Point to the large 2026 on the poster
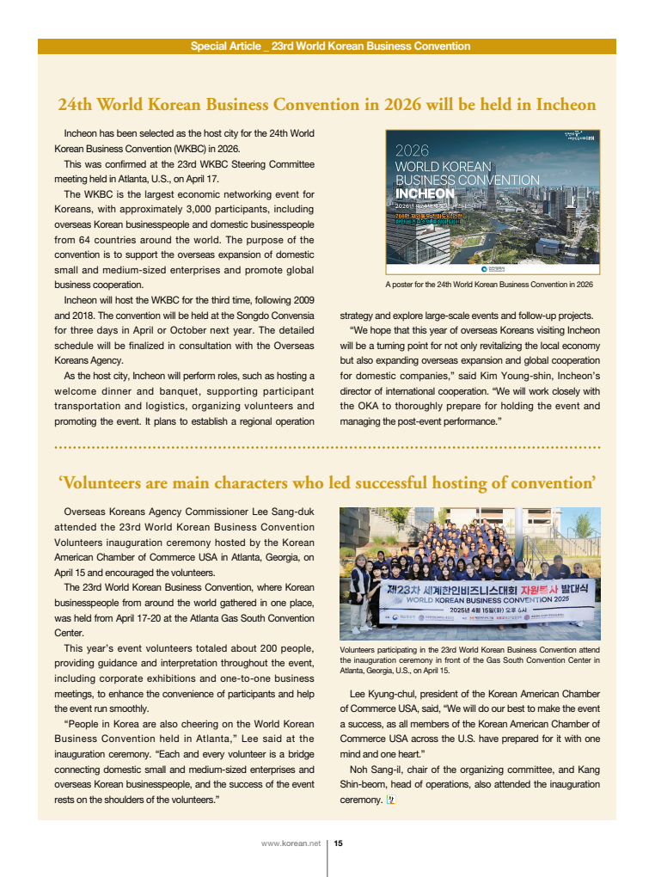click(412, 150)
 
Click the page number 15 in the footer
click(339, 843)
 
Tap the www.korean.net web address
click(291, 843)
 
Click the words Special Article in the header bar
click(225, 46)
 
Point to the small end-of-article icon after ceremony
click(390, 800)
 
